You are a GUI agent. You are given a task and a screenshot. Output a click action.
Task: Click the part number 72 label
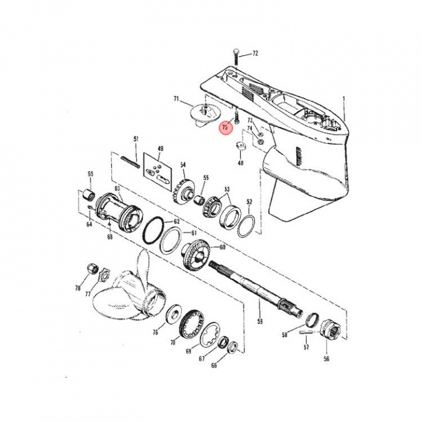coord(255,54)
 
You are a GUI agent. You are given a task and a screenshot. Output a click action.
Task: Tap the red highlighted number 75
coord(225,127)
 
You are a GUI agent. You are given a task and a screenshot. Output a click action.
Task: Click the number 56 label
coord(326,359)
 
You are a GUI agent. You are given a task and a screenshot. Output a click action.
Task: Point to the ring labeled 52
coord(246,223)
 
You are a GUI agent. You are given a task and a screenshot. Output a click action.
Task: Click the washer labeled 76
coord(173,312)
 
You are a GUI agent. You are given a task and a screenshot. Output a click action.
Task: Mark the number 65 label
coord(90,173)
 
